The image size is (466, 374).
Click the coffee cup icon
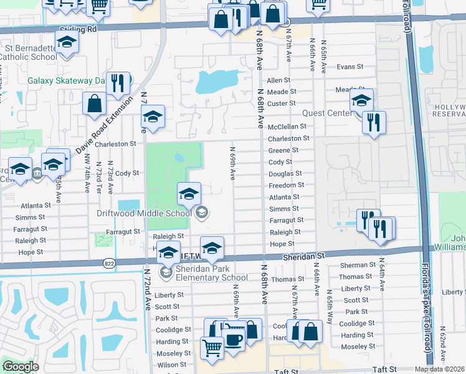tap(234, 339)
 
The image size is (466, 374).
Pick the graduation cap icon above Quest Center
tap(361, 100)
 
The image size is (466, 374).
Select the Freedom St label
tap(286, 185)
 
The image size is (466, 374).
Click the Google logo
tap(21, 367)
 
